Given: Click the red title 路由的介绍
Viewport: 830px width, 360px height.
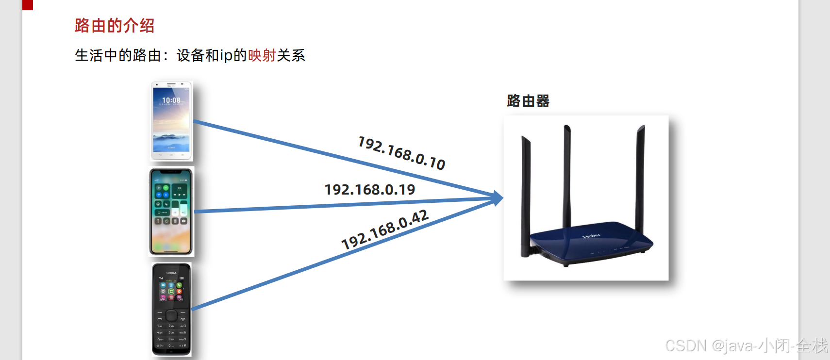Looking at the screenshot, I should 115,26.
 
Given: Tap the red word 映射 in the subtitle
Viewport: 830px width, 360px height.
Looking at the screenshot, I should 262,56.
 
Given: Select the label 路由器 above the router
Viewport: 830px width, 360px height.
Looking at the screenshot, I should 528,101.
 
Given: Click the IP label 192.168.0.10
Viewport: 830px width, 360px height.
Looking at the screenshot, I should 401,153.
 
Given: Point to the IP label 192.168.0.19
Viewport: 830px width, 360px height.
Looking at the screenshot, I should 370,190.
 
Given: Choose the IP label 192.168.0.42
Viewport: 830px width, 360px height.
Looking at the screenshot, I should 385,229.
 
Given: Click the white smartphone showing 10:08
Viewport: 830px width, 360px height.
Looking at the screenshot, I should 171,121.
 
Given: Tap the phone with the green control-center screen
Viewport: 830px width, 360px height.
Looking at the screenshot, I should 171,212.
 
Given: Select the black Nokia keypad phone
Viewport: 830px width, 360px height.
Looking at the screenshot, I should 171,310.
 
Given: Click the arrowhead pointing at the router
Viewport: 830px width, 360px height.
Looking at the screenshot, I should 498,198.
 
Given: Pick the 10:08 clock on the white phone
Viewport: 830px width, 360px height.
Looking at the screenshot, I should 171,100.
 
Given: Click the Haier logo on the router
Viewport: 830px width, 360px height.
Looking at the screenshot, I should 591,236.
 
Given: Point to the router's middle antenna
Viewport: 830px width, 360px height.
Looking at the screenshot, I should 566,175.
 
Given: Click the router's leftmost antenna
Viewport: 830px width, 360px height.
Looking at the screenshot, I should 526,194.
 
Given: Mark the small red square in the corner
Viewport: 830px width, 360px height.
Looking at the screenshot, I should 28,5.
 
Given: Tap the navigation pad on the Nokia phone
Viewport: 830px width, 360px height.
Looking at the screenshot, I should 171,316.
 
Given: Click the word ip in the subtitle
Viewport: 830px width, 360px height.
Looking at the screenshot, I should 226,56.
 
